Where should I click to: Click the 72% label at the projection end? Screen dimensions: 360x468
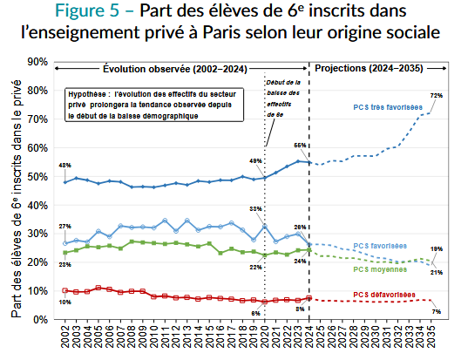click(x=437, y=95)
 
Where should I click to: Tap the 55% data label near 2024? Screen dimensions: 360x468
click(x=299, y=146)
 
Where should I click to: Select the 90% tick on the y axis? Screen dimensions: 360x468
click(x=37, y=62)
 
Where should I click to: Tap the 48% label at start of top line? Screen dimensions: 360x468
click(x=64, y=166)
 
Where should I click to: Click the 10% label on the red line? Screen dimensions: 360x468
click(x=64, y=302)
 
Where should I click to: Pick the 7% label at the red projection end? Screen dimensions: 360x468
click(x=436, y=311)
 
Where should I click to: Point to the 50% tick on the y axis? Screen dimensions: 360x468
click(x=37, y=176)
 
